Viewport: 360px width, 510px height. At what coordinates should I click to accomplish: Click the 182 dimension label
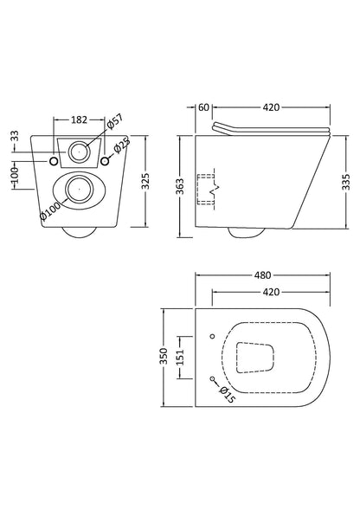(x=80, y=119)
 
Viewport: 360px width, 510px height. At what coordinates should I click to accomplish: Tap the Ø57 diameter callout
(x=115, y=122)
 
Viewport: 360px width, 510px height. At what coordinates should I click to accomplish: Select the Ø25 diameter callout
(x=122, y=145)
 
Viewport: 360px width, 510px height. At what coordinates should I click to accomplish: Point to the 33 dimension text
(x=16, y=136)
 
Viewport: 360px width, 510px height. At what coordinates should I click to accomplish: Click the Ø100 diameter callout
(x=49, y=210)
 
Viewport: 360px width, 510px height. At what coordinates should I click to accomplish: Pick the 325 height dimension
(x=145, y=181)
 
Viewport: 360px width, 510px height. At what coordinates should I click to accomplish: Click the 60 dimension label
(x=203, y=107)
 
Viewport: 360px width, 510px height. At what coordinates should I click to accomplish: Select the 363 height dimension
(x=180, y=186)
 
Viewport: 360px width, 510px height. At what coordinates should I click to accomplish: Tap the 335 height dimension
(x=346, y=182)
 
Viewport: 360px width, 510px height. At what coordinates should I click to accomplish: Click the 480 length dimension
(x=262, y=275)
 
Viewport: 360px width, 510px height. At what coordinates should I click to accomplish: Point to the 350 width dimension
(x=164, y=356)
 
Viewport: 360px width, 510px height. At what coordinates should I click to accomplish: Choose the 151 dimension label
(x=181, y=357)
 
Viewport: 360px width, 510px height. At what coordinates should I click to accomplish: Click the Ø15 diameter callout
(x=227, y=395)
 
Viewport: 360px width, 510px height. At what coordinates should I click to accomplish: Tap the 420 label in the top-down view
(x=271, y=292)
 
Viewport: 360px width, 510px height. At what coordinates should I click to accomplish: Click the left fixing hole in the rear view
(x=54, y=161)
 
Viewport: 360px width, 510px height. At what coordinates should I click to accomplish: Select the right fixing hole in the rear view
(x=105, y=161)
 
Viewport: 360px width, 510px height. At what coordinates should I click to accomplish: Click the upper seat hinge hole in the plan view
(x=213, y=336)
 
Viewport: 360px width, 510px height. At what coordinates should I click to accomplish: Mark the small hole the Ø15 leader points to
(x=212, y=378)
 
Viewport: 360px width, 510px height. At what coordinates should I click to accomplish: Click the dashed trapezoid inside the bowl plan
(x=236, y=358)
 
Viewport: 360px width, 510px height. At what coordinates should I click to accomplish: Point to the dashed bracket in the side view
(x=198, y=190)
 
